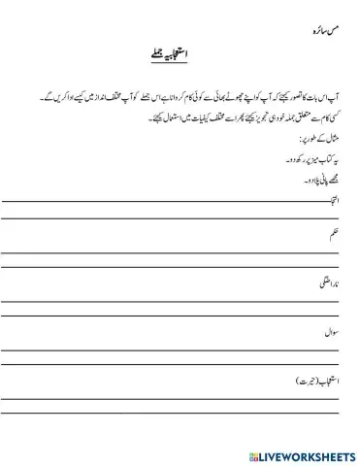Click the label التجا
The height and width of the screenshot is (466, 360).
[340, 201]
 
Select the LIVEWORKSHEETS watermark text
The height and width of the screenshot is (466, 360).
[308, 453]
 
